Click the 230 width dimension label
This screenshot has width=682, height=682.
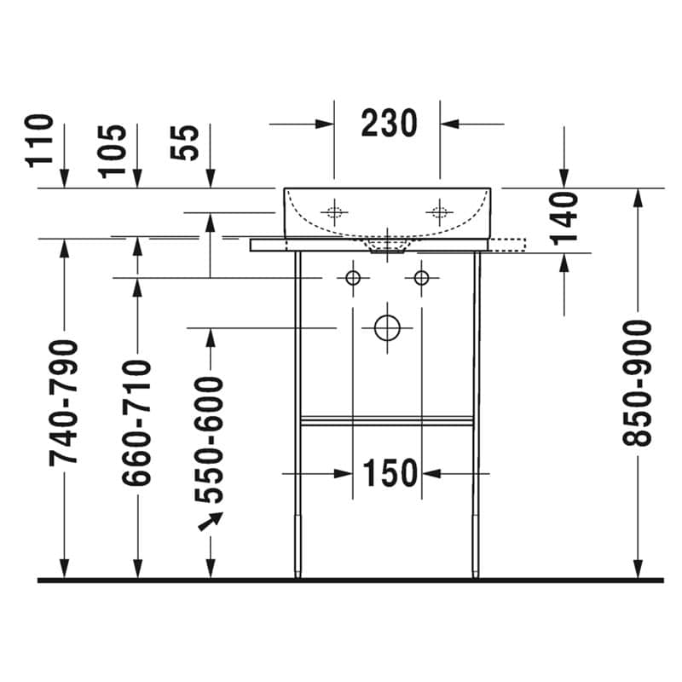tap(389, 124)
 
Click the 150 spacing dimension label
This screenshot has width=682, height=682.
tap(390, 473)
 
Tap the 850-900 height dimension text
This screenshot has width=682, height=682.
tap(637, 383)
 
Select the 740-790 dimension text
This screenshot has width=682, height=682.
tap(63, 402)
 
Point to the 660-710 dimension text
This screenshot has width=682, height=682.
tap(136, 422)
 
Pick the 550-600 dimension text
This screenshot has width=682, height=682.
tap(209, 440)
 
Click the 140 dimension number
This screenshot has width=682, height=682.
tap(564, 218)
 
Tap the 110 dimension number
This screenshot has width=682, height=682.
tap(39, 141)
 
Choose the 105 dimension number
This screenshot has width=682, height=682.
tap(113, 152)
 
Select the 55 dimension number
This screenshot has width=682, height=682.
tap(185, 142)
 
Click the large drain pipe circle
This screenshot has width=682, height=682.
tap(387, 328)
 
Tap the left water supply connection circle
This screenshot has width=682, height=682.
tap(353, 278)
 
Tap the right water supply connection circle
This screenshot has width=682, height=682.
tap(421, 278)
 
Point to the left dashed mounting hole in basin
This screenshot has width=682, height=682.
tap(334, 212)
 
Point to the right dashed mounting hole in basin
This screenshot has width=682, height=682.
tap(439, 212)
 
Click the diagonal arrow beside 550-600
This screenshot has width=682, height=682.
tap(211, 521)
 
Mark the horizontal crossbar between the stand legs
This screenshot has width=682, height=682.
tap(387, 420)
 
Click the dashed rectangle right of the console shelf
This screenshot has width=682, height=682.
tap(507, 246)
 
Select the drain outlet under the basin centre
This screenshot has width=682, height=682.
tap(388, 247)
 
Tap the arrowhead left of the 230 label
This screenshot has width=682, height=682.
tap(325, 124)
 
